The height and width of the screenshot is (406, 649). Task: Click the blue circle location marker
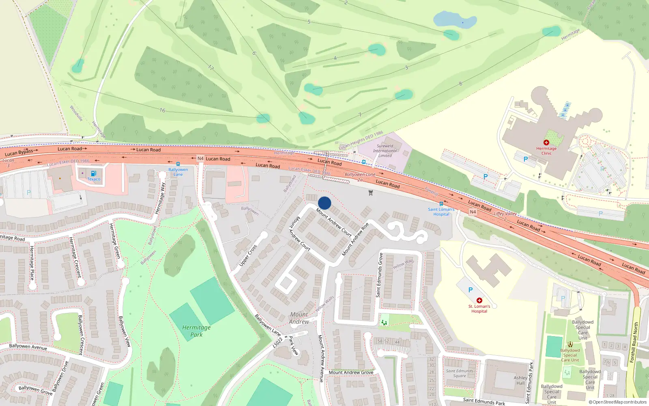(x=324, y=203)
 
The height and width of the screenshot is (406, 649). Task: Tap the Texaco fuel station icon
(x=94, y=173)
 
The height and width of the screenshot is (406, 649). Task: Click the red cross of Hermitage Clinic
(x=546, y=143)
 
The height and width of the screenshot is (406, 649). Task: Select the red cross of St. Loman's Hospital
(x=479, y=300)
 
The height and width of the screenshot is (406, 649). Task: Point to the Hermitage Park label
(x=196, y=331)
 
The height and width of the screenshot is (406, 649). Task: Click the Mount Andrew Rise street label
(x=355, y=239)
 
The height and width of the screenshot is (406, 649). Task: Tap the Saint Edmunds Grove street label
(x=380, y=275)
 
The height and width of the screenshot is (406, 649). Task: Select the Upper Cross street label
(x=248, y=255)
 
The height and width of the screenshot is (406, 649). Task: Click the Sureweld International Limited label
(x=385, y=151)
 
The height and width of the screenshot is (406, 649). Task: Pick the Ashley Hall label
(x=520, y=380)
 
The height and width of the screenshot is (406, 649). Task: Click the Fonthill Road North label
(x=634, y=342)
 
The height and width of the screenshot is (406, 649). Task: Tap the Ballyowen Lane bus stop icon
(x=178, y=164)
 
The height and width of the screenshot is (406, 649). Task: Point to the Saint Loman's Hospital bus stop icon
(x=441, y=204)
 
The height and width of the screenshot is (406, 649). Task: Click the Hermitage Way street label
(x=161, y=198)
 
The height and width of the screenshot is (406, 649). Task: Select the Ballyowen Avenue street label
(x=28, y=347)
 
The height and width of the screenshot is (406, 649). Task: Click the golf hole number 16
(x=162, y=110)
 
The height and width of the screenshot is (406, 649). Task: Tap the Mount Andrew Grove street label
(x=351, y=372)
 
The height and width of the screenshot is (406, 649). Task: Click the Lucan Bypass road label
(x=19, y=153)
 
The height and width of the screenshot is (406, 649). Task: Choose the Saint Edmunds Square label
(x=460, y=373)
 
